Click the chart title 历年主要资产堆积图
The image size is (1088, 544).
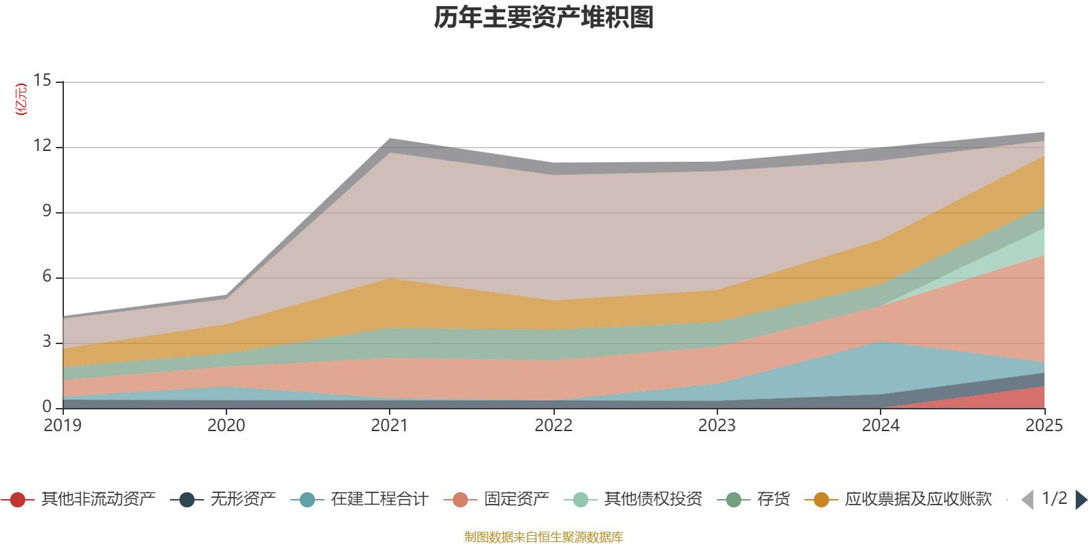pos(543,18)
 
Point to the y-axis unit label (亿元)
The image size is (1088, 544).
pos(21,99)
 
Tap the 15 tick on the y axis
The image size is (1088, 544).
pos(42,81)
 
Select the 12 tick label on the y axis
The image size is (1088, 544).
pos(42,146)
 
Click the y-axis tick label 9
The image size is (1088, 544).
pos(47,211)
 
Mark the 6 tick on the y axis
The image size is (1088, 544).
pos(47,276)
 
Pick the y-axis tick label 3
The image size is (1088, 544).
pos(47,341)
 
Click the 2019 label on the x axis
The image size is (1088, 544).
pos(63,426)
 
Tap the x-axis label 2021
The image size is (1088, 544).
pos(390,426)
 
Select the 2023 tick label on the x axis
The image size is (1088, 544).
pos(717,426)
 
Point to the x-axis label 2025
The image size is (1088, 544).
pos(1044,426)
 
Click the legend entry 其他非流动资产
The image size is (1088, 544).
pos(78,499)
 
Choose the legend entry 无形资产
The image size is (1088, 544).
pos(223,499)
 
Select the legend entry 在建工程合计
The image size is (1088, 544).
pos(360,499)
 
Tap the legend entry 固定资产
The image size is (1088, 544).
pos(496,499)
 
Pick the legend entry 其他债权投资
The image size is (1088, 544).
pos(633,499)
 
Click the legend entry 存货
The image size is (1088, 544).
pos(753,499)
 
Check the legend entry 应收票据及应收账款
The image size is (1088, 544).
pos(898,499)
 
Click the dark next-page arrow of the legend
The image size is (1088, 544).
pos(1081,499)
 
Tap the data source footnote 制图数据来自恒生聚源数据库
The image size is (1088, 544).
pos(543,537)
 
